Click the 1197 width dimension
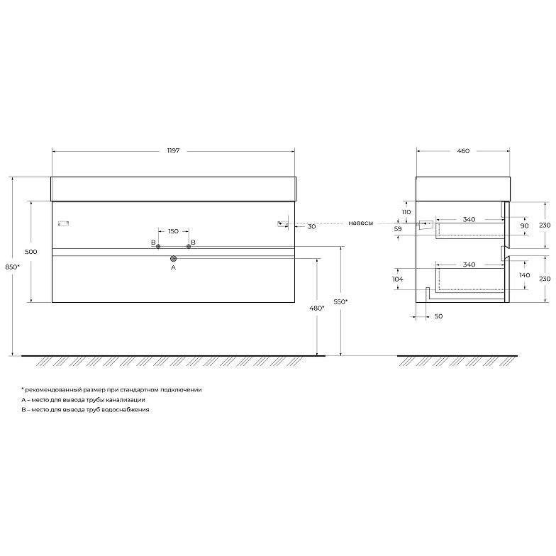click(x=173, y=150)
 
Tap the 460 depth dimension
click(x=463, y=150)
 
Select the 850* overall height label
click(x=12, y=267)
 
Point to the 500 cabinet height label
click(x=31, y=252)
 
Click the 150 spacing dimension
click(x=173, y=231)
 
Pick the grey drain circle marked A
click(x=173, y=258)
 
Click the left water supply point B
click(x=158, y=247)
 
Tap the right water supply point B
click(x=189, y=247)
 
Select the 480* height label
click(x=316, y=308)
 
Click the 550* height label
click(x=340, y=302)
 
